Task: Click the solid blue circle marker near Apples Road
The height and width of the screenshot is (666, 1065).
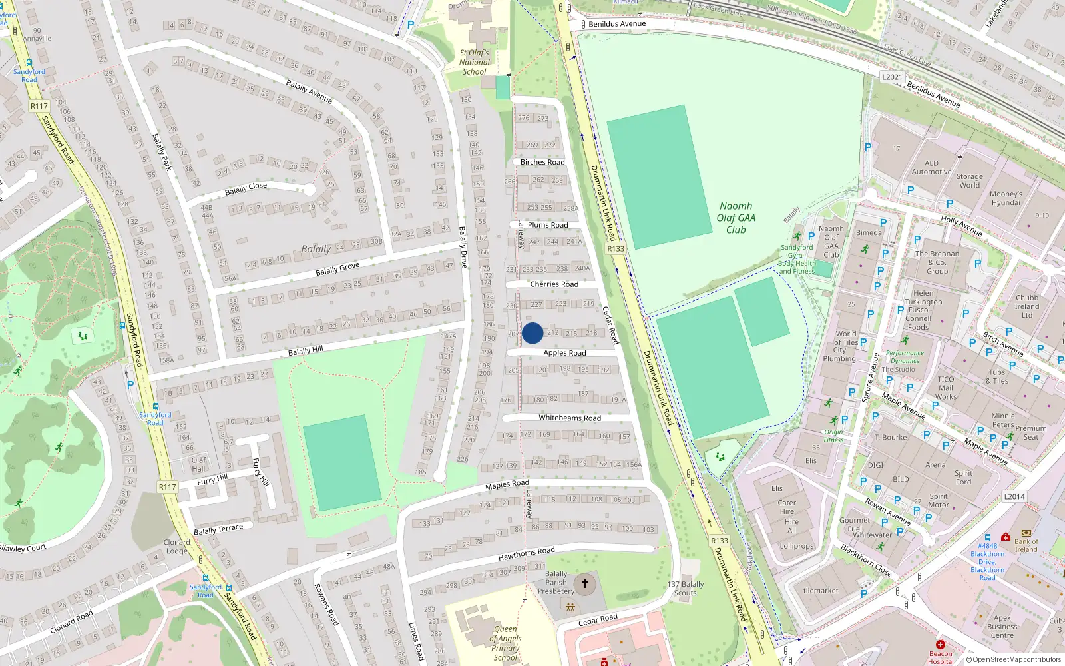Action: point(532,333)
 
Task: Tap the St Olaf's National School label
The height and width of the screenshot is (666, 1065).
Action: point(474,62)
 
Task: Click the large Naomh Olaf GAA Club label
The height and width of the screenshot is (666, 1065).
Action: point(736,218)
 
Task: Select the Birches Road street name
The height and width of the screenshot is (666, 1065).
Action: point(542,162)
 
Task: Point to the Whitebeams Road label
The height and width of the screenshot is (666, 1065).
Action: point(569,418)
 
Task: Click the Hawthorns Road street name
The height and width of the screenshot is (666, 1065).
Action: point(526,554)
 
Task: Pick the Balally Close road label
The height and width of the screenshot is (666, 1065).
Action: point(246,189)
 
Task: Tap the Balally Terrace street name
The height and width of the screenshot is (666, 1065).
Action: point(218,529)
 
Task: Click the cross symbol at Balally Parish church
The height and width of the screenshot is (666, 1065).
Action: point(585,584)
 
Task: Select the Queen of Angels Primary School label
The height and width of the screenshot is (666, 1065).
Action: point(505,643)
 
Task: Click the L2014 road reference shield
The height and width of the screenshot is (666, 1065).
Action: point(1014,496)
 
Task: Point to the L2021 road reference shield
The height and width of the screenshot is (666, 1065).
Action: point(892,77)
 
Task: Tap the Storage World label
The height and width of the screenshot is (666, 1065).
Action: point(969,181)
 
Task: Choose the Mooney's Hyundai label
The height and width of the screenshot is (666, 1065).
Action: point(1005,198)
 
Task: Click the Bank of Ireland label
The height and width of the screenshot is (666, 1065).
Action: point(1026,545)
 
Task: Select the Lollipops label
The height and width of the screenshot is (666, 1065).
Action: point(796,546)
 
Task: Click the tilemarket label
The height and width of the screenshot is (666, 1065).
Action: point(821,591)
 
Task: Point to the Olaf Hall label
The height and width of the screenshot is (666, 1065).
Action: point(198,464)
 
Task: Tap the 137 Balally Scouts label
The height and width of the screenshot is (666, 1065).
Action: point(685,589)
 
